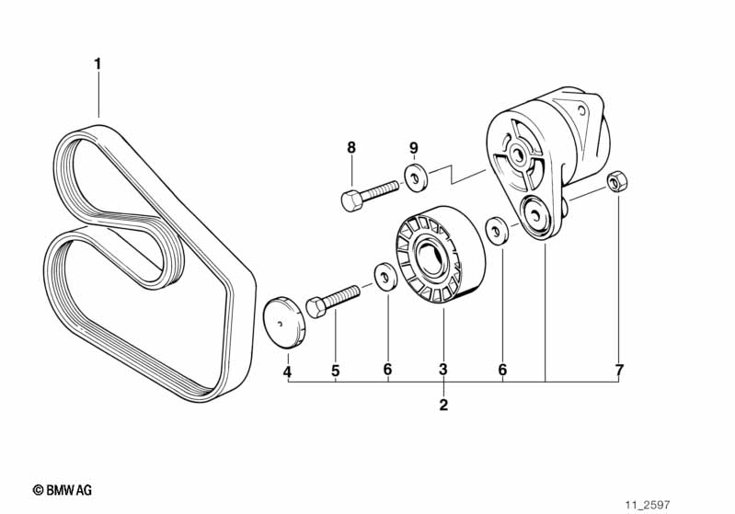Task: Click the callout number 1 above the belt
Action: tap(98, 63)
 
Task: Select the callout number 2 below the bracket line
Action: tap(443, 405)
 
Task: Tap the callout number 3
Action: tap(443, 370)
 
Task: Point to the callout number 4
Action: tap(287, 372)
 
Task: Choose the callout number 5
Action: tap(335, 371)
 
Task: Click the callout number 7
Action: tap(619, 370)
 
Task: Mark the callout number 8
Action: tap(351, 148)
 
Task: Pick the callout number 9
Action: tap(413, 148)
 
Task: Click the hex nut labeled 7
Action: tap(617, 181)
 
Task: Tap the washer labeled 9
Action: tap(415, 177)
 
